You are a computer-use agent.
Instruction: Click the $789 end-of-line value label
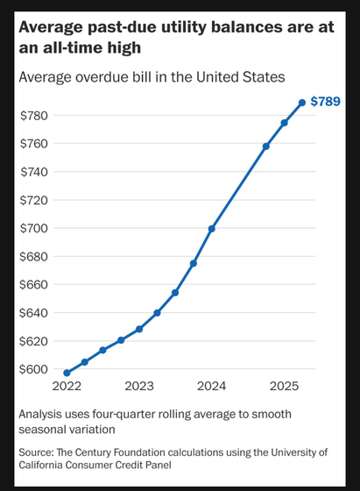[327, 103]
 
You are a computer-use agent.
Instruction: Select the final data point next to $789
[302, 103]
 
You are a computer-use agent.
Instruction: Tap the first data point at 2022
[67, 373]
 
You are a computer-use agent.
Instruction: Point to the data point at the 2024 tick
[212, 228]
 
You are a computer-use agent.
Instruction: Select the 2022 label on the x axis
[67, 386]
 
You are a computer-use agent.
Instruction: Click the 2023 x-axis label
[139, 386]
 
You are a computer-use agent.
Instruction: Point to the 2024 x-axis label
[212, 386]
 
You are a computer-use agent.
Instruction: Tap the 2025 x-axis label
[285, 386]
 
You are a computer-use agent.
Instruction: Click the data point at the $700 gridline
[212, 228]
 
